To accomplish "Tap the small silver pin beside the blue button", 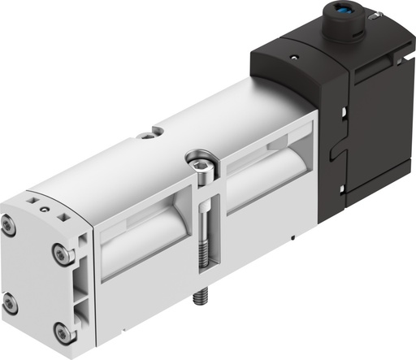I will click(x=375, y=14).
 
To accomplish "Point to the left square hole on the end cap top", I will click(x=31, y=197).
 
